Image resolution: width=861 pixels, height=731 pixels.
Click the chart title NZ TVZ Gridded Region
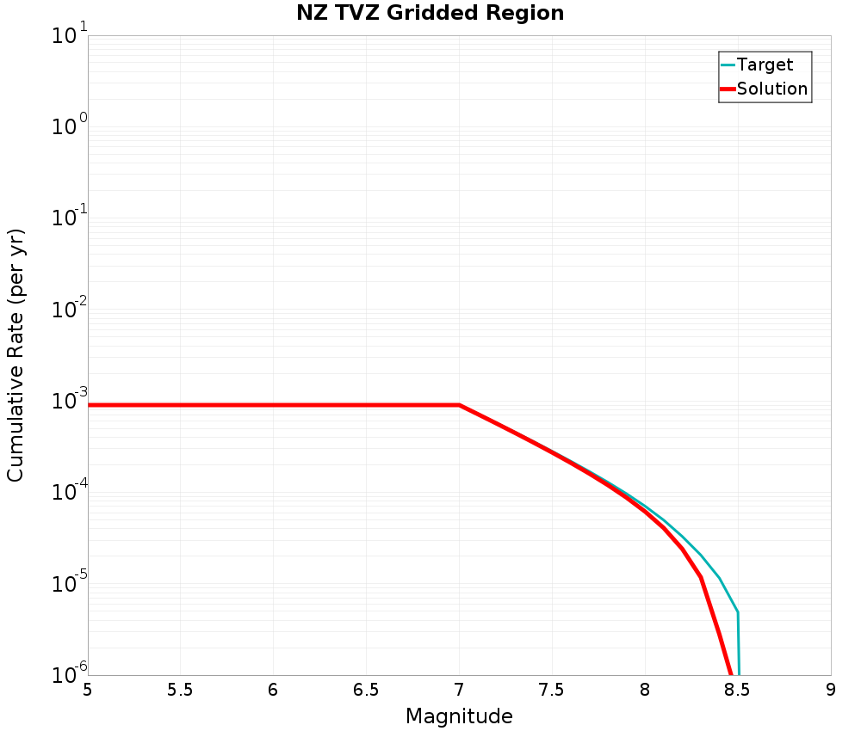pos(430,13)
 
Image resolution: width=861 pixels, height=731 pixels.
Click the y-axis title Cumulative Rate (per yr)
pos(16,355)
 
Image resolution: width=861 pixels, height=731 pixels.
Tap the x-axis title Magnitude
pos(459,716)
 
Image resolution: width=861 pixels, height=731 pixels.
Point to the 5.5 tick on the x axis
pos(180,690)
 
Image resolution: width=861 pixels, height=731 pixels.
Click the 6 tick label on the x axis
pos(273,690)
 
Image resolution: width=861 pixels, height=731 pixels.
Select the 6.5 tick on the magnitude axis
pos(366,690)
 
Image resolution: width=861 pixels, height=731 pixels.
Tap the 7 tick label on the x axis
pos(459,690)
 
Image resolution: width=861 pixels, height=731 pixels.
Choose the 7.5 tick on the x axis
pos(552,690)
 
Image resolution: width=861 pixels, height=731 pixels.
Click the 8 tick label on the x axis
pos(645,690)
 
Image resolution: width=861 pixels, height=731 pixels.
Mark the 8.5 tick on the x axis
pos(738,690)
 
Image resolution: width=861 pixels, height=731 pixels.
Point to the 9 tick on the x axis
pos(831,690)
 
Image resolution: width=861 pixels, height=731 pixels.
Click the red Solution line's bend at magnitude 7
pos(459,404)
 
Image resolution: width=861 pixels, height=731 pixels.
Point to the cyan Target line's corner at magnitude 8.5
pos(737,612)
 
